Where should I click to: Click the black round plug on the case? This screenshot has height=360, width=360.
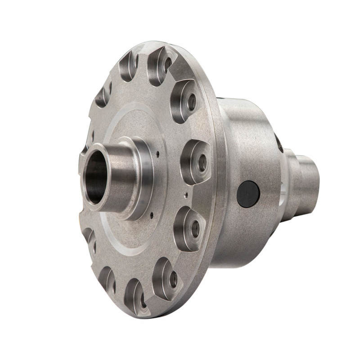[x=248, y=194]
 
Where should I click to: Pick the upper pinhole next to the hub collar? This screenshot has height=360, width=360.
[x=157, y=154]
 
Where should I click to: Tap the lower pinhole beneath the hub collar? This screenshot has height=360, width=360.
[x=152, y=215]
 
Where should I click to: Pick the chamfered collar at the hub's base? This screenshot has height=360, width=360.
[x=143, y=180]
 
